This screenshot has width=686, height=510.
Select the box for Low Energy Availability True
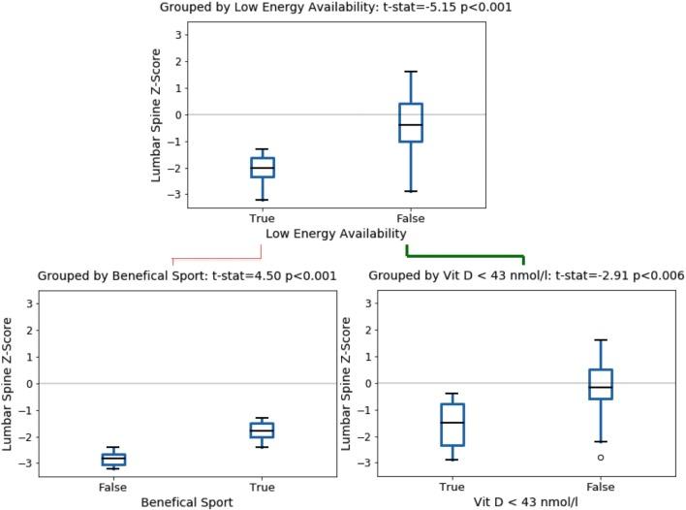point(262,167)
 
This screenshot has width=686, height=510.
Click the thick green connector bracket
point(465,257)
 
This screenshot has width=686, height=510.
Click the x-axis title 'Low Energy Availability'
point(335,234)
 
